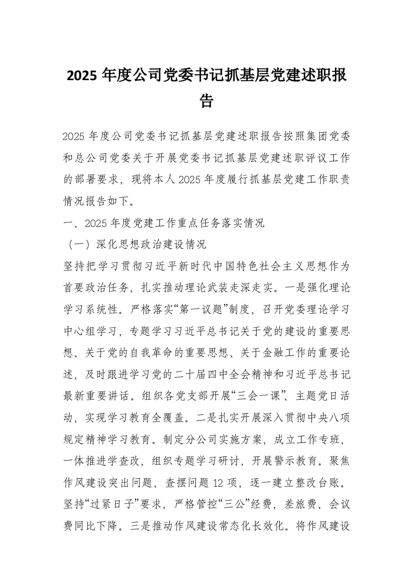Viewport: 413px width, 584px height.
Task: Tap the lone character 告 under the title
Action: pos(207,100)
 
